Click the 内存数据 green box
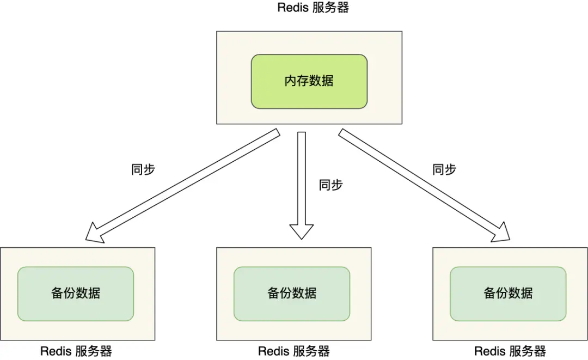click(309, 81)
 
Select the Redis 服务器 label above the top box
click(313, 8)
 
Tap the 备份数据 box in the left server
click(76, 294)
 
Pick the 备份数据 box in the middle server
click(292, 294)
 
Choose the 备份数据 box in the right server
click(508, 294)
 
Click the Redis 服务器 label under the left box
click(76, 351)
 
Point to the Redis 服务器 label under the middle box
click(293, 351)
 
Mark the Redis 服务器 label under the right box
click(510, 351)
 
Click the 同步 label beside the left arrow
click(143, 169)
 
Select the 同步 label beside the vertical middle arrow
click(330, 185)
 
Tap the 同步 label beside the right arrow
click(444, 169)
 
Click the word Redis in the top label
click(293, 8)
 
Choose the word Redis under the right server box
click(490, 351)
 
